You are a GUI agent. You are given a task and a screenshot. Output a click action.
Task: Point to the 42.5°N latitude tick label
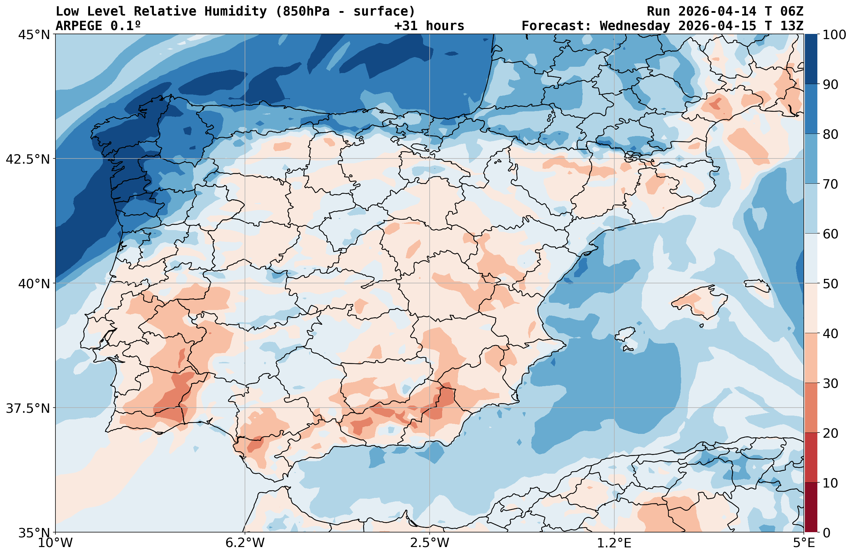tap(28, 159)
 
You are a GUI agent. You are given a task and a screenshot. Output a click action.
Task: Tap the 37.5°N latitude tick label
tap(28, 408)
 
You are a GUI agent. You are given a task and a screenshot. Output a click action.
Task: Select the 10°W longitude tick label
tap(55, 543)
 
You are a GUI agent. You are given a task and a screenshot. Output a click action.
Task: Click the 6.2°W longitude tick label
tap(245, 543)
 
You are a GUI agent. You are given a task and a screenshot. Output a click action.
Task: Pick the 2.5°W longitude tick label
tap(430, 543)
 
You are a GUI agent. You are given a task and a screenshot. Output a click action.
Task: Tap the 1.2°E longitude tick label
tap(614, 543)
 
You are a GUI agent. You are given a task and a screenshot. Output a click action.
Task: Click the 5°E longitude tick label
tap(804, 543)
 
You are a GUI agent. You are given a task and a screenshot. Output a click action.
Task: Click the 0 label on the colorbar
tap(826, 533)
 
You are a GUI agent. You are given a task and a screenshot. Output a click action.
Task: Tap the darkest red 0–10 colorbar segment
tap(811, 508)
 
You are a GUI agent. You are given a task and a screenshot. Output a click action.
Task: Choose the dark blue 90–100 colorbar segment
tap(811, 59)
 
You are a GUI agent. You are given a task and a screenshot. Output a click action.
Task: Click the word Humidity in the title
tap(235, 11)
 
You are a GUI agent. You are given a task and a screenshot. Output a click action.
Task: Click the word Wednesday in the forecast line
tap(634, 26)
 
